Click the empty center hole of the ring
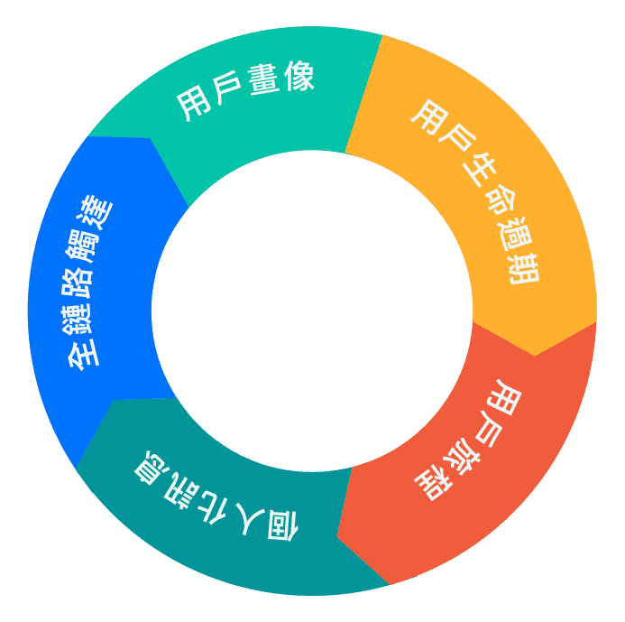(312, 311)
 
